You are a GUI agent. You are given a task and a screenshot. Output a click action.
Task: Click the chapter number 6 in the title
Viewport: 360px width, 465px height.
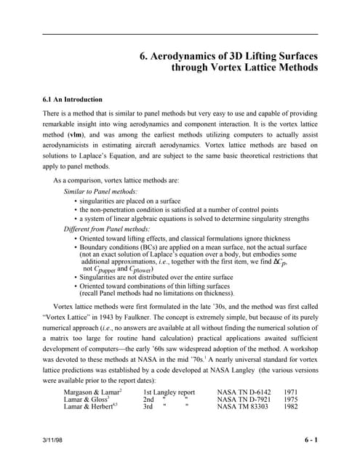(x=142, y=55)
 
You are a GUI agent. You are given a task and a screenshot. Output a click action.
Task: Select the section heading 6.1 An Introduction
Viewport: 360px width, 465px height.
(x=72, y=98)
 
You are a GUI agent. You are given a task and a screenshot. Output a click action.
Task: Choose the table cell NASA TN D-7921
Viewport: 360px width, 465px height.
(x=246, y=399)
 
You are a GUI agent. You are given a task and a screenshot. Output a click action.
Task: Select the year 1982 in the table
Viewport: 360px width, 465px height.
(x=291, y=407)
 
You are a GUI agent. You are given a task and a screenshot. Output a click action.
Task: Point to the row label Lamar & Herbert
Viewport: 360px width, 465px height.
(x=88, y=407)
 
